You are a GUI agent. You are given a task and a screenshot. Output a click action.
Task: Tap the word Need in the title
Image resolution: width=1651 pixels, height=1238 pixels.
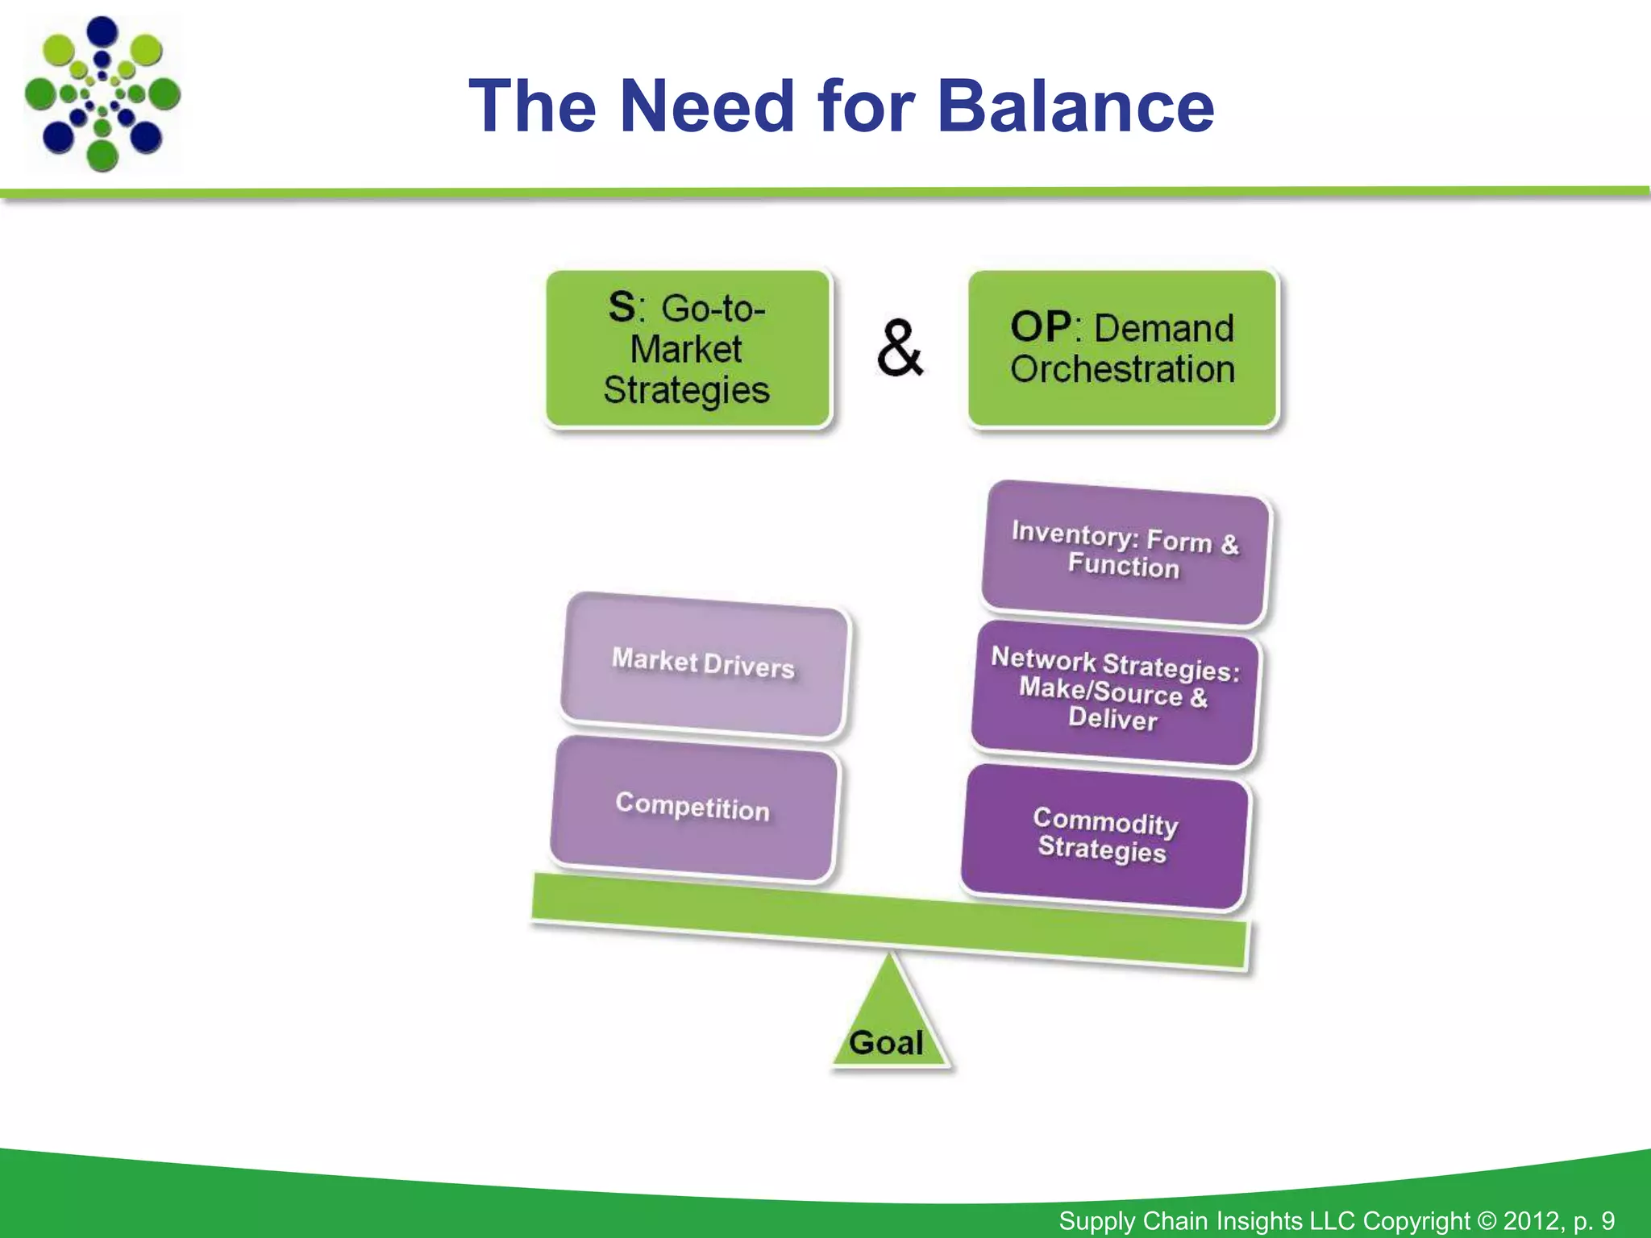[x=707, y=106]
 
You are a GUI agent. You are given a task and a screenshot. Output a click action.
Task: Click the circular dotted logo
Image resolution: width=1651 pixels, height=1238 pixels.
[x=102, y=94]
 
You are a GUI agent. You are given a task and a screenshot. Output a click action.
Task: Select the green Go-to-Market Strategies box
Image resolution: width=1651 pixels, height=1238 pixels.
[x=688, y=348]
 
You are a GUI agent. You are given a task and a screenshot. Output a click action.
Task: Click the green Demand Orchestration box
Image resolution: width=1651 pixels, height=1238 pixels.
[x=1122, y=348]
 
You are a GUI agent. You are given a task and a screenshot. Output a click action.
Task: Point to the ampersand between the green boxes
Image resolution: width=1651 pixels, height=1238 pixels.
[x=900, y=348]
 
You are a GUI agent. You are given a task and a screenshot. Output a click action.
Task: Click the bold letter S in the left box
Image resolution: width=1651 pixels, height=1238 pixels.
[x=622, y=307]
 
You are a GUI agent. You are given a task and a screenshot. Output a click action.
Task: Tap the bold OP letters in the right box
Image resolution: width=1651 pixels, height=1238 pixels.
[x=1040, y=327]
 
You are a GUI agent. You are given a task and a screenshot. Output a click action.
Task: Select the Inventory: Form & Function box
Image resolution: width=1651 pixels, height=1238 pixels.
[x=1125, y=552]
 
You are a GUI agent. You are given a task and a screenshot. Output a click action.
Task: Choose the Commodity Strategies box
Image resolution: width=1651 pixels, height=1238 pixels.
[x=1104, y=837]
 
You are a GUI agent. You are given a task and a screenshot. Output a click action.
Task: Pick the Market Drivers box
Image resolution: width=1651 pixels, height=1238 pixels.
[x=704, y=664]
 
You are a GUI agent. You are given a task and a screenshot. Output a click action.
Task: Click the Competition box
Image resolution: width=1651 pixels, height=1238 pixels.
[x=693, y=808]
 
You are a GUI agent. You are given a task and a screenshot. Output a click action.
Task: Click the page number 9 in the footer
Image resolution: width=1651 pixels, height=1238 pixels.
[x=1607, y=1221]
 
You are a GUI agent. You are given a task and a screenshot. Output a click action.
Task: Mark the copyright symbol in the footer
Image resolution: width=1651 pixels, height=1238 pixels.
[x=1487, y=1221]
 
